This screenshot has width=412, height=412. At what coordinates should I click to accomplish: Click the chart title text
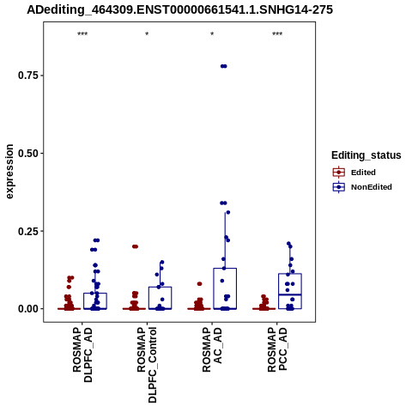pos(179,10)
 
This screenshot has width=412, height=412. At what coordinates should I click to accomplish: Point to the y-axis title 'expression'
pos(9,172)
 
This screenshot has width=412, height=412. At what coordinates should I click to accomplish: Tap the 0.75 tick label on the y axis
pos(28,76)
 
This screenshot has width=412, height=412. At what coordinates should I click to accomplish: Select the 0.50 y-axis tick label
pos(28,154)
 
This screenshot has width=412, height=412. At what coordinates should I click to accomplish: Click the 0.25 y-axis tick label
pos(28,231)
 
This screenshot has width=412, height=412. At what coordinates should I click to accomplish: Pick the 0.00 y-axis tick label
pos(28,309)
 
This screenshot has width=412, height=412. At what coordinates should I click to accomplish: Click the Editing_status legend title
pos(367,155)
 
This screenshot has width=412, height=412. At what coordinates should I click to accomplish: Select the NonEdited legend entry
pos(362,187)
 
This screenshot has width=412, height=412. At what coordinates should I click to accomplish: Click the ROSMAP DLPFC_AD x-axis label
pos(82,354)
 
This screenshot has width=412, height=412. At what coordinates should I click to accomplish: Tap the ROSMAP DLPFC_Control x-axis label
pos(147,365)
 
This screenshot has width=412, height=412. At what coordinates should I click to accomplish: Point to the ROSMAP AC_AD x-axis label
pos(212,349)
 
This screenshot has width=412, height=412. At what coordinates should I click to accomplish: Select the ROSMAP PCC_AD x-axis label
pos(277,349)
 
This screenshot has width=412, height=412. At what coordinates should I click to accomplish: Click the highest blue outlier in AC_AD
pos(224,66)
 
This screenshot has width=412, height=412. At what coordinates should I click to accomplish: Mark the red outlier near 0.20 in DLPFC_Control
pos(135,246)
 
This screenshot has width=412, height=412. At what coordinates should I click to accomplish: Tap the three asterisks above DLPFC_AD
pos(82,34)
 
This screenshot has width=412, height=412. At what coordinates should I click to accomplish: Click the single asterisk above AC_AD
pos(212,34)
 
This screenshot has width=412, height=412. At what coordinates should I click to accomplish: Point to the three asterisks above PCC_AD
pos(277,34)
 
